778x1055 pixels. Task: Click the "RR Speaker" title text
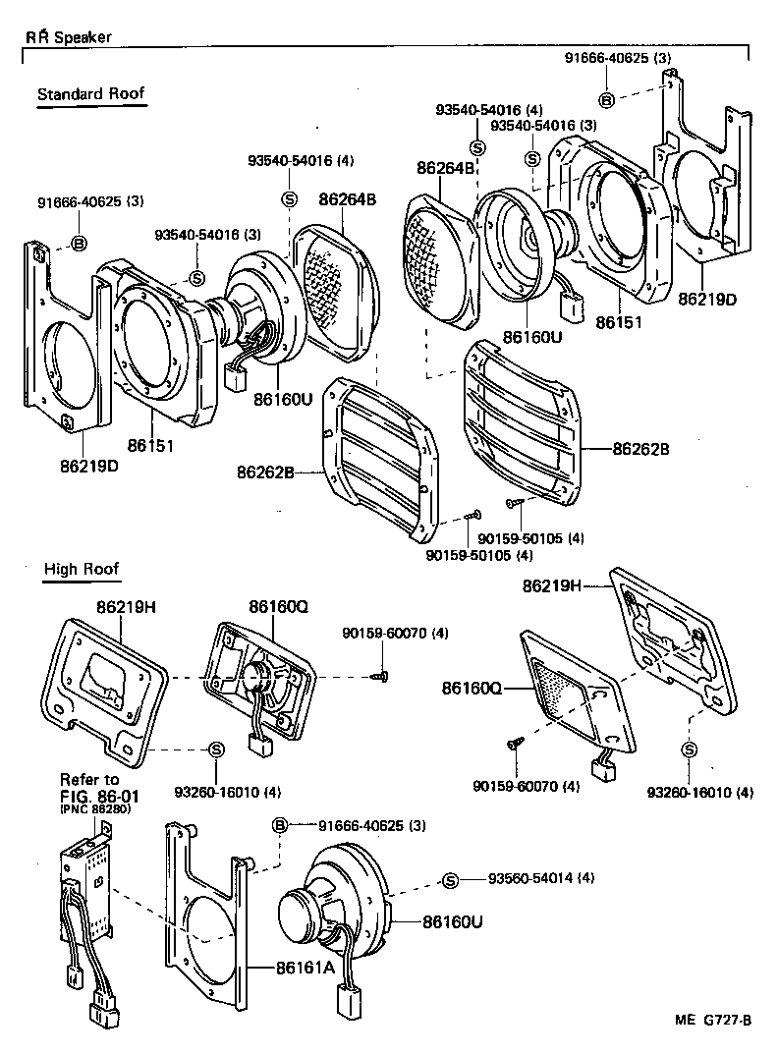click(x=69, y=37)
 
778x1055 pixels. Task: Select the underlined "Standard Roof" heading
click(x=90, y=94)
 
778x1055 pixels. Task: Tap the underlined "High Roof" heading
click(x=82, y=569)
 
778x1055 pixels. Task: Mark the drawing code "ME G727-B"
click(x=713, y=1020)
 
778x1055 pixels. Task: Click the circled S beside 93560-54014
click(x=450, y=879)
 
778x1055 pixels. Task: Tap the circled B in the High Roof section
click(x=279, y=826)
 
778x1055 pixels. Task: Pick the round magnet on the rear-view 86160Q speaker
click(x=259, y=676)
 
